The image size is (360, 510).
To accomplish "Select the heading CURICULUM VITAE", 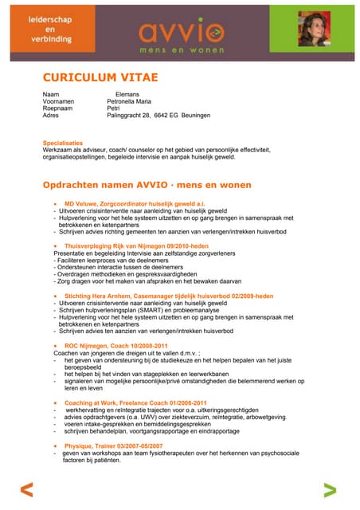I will pyautogui.click(x=100, y=77).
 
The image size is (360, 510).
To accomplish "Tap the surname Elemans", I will pyautogui.click(x=128, y=95).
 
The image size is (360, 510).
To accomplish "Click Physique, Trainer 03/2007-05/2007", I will pyautogui.click(x=113, y=445).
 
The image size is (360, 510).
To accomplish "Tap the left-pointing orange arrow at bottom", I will pyautogui.click(x=27, y=490).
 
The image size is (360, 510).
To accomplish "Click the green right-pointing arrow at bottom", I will pyautogui.click(x=330, y=490).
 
